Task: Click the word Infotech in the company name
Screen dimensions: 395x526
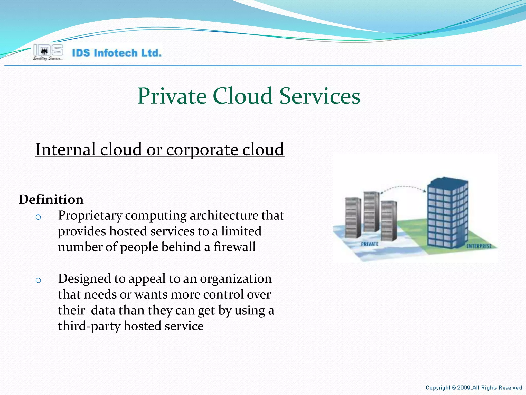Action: click(116, 53)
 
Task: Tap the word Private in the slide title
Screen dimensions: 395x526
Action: click(172, 96)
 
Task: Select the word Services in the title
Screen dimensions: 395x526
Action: click(320, 96)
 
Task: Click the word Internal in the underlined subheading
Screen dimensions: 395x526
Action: click(65, 150)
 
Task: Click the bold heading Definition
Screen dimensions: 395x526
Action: click(51, 200)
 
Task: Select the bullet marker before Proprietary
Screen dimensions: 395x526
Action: click(38, 217)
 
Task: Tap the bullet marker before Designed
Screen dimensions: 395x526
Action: click(38, 280)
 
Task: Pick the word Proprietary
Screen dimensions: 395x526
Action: click(90, 216)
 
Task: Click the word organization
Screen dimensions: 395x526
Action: click(236, 279)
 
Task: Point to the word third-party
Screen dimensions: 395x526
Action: click(89, 326)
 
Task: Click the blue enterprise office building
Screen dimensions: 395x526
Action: click(447, 213)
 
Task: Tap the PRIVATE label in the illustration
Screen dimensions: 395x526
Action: click(370, 244)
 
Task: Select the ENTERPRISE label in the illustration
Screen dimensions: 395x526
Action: click(479, 246)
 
